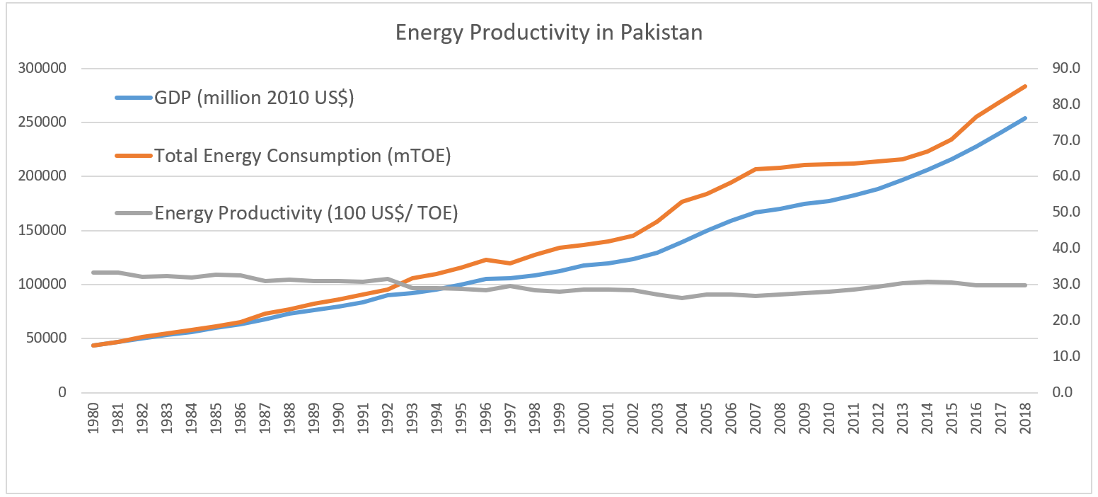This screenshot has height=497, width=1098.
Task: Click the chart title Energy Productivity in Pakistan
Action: (548, 33)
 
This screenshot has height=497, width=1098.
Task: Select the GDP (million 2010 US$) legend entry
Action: (254, 98)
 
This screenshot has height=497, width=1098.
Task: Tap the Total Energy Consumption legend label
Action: (302, 156)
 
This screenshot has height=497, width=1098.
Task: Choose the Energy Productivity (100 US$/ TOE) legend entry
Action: (306, 213)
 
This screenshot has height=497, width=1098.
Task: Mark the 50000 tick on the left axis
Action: (44, 338)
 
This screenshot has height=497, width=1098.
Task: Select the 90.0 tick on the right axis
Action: (1065, 69)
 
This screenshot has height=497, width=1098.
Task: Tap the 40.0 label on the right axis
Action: (1065, 248)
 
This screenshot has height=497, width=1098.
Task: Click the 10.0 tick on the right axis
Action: (1065, 356)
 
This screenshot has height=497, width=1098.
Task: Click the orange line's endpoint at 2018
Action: (1025, 86)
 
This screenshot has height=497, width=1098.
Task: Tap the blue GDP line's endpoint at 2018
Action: (1025, 118)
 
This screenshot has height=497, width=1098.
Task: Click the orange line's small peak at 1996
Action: (485, 259)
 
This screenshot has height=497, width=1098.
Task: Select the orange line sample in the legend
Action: (134, 156)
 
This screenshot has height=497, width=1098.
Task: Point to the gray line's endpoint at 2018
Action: (1025, 285)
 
